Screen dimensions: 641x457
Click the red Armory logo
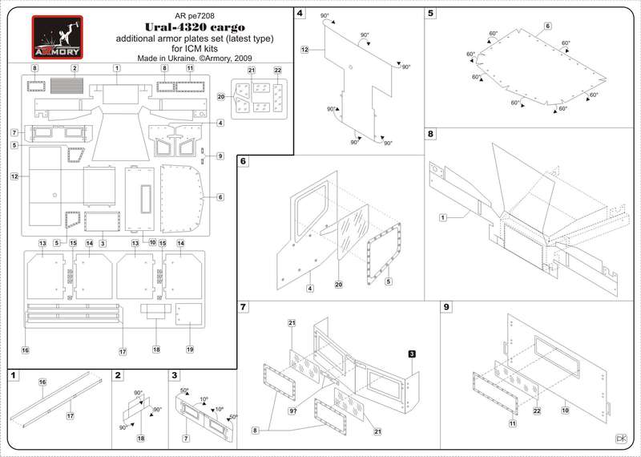coord(57,37)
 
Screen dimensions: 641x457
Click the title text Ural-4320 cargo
coord(195,27)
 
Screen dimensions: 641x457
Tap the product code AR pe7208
coord(194,16)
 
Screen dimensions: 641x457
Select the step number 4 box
coord(300,13)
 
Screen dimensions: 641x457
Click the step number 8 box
coord(431,134)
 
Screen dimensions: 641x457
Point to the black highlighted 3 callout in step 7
coord(412,354)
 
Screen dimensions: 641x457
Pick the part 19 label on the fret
coord(190,350)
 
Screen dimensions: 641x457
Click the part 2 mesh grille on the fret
coord(67,86)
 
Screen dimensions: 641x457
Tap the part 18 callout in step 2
coord(141,439)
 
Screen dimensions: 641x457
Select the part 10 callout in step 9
coord(565,410)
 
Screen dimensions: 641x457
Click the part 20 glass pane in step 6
coord(351,233)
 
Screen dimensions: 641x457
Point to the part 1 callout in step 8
coord(443,218)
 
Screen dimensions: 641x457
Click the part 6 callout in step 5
coord(548,26)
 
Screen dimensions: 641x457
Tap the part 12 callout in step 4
coord(304,50)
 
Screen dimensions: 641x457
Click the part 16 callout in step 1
coord(42,382)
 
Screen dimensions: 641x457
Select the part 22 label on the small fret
coord(278,71)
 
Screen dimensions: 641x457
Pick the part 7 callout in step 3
coord(186,439)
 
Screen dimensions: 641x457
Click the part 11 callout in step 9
coord(513,424)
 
